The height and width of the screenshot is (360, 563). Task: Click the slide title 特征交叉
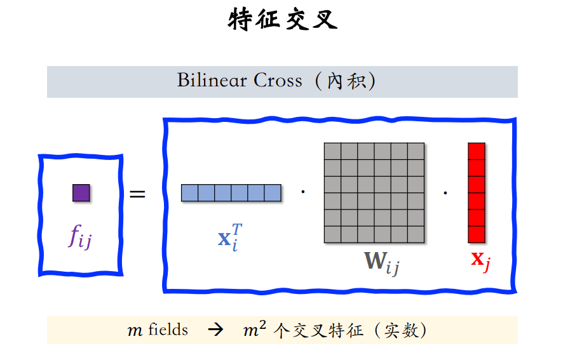coord(282,20)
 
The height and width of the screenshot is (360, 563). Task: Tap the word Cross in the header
coord(278,81)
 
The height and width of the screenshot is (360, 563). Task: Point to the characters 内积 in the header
coord(346,81)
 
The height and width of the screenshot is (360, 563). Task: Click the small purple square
coord(81,192)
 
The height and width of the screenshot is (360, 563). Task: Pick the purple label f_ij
coord(80,237)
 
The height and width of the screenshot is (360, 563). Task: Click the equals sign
coord(137,193)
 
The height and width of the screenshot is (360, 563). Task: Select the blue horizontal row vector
coord(231,192)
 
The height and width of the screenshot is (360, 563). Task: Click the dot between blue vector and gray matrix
coord(302,191)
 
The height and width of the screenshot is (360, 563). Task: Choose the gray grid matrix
coord(374,192)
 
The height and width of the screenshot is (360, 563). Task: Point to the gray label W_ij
coord(381,262)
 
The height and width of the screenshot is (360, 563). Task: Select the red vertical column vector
coord(477,192)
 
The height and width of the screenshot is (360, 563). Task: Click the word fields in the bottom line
coord(168,330)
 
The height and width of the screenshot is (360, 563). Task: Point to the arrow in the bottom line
coord(216,331)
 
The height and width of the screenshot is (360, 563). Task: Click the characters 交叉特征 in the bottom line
coord(327,331)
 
